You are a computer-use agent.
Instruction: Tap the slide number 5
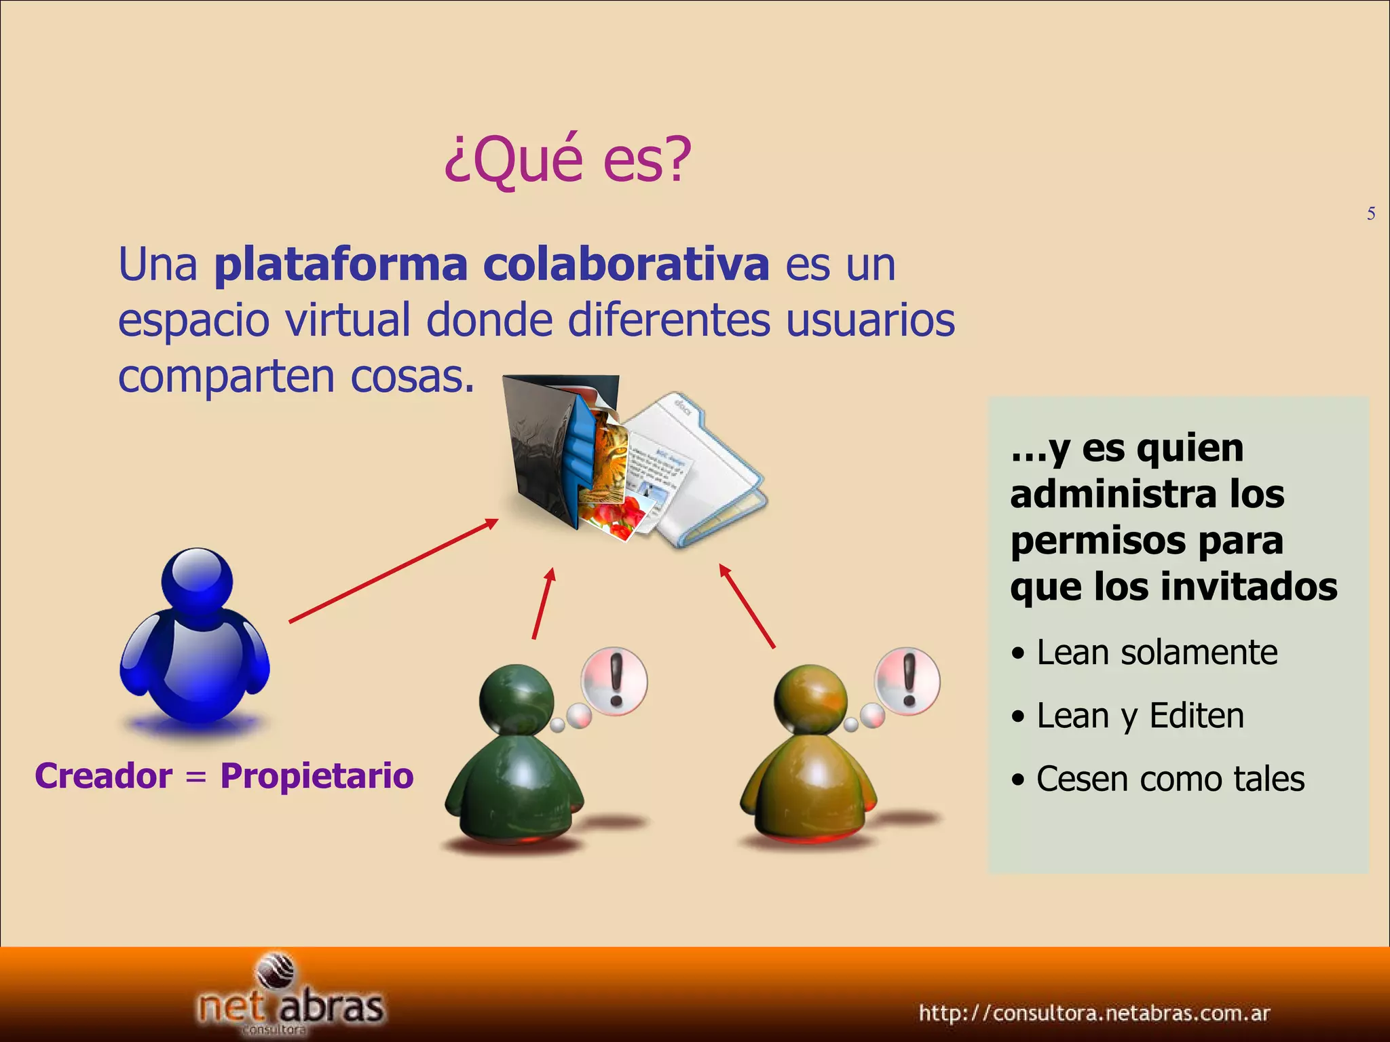coord(1371,214)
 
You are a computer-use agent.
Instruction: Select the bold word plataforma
coord(341,265)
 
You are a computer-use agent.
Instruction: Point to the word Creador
coord(103,775)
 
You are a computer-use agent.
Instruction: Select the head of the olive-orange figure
coord(810,699)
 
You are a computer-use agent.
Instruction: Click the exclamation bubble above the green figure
coord(614,680)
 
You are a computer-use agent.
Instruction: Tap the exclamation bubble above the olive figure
coord(908,680)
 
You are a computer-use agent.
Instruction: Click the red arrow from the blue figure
coord(393,571)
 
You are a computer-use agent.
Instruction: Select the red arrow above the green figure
coord(544,603)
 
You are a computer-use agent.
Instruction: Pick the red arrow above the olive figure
coord(747,606)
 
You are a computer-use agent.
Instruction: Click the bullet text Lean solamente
coord(1157,653)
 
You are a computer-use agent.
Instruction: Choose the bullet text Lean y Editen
coord(1140,716)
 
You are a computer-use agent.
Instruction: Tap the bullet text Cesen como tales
coord(1170,779)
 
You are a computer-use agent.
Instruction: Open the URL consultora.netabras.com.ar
coord(1094,1013)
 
